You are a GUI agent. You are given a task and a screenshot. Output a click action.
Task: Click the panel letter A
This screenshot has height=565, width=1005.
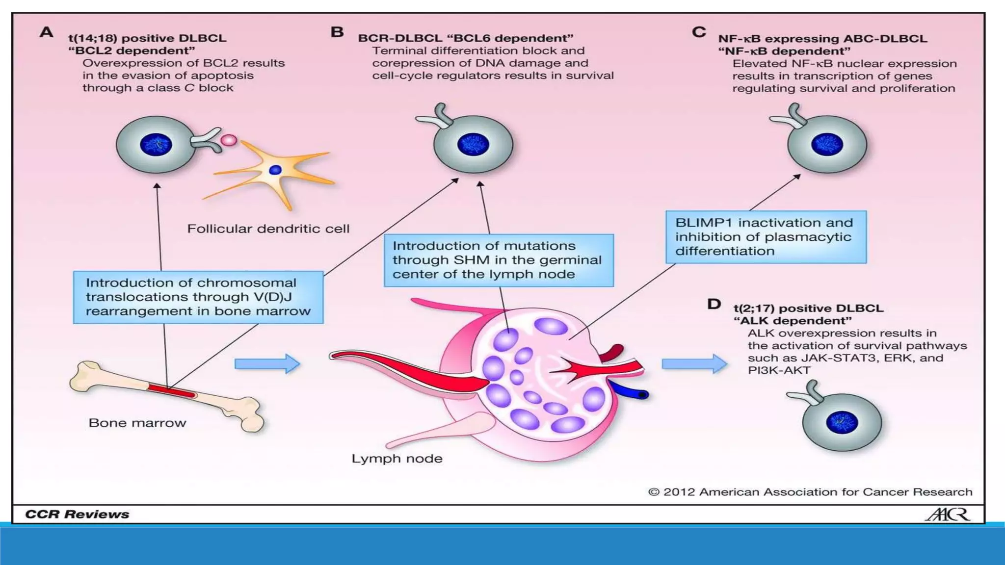coord(46,32)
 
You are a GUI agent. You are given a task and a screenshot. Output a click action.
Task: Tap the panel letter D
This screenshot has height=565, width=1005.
coord(714,304)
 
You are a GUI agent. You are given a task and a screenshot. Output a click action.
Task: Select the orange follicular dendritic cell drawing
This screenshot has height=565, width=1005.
coord(275,171)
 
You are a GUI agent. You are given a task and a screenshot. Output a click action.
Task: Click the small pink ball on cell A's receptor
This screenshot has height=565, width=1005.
coord(229,140)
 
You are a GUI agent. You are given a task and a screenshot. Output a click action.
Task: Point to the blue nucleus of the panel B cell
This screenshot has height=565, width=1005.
coord(473,145)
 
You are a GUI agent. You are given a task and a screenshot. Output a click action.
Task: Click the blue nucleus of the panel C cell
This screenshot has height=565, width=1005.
coord(827,145)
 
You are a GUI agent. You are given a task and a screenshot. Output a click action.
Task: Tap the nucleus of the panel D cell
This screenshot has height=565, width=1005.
coord(842,422)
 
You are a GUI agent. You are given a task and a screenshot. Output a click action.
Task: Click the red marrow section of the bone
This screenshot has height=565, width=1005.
coord(172,391)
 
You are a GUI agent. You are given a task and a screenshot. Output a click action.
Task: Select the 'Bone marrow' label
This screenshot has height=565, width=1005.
coord(137,423)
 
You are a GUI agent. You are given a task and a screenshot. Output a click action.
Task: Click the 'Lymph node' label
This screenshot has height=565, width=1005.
coord(397,459)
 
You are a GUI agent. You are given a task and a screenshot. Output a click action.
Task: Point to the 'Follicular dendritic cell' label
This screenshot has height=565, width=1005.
coord(268,229)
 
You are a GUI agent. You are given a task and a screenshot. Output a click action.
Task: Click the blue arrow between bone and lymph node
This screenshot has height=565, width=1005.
coord(267,364)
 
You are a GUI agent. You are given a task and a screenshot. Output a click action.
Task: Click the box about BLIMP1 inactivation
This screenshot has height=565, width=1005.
coord(766,237)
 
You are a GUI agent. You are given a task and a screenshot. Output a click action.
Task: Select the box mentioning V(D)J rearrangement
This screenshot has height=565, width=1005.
coord(198,297)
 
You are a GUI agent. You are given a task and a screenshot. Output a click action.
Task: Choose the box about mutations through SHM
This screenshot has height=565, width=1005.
coord(498,260)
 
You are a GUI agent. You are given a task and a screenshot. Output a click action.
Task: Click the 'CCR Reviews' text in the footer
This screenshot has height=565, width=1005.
coord(77,514)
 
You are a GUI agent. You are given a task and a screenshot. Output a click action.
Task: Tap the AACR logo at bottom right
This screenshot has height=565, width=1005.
coord(947,514)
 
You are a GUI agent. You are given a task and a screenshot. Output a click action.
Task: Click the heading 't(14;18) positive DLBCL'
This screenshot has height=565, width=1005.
coord(147,38)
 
